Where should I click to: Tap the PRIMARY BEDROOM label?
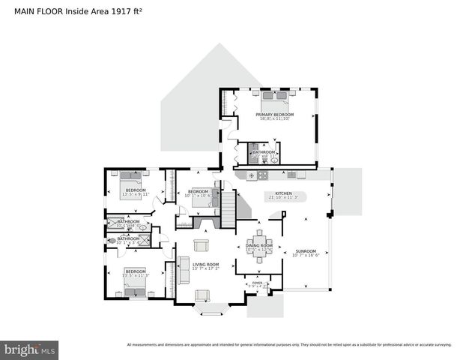[276, 115]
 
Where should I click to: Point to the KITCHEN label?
[282, 193]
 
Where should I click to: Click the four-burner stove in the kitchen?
[252, 175]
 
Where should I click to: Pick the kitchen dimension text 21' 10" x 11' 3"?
[282, 198]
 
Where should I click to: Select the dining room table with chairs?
[259, 252]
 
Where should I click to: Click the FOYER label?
[257, 283]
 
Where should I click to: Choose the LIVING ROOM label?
[205, 264]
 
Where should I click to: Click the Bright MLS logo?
[30, 349]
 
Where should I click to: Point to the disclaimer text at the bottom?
[289, 345]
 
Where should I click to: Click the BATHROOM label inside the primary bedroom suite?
[264, 152]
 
